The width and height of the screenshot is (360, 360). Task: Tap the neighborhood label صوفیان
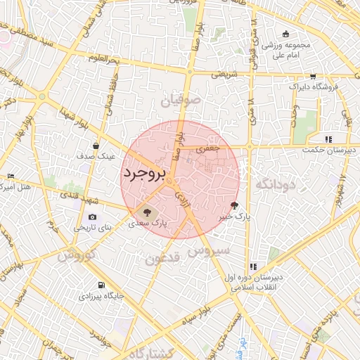tap(181, 101)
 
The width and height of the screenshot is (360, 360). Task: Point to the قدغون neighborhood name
tap(164, 259)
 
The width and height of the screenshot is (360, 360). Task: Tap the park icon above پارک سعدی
tap(147, 212)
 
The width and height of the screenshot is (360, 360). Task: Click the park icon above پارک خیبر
tap(234, 205)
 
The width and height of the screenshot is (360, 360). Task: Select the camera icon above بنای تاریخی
tap(92, 217)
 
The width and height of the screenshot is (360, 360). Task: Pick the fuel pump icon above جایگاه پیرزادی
tap(103, 285)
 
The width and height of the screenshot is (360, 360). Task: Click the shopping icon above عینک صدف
tap(96, 146)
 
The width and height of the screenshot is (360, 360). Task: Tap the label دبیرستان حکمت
tap(328, 150)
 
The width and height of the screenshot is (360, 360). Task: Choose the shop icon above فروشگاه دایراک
tap(313, 76)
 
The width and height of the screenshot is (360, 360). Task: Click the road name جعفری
tap(208, 148)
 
